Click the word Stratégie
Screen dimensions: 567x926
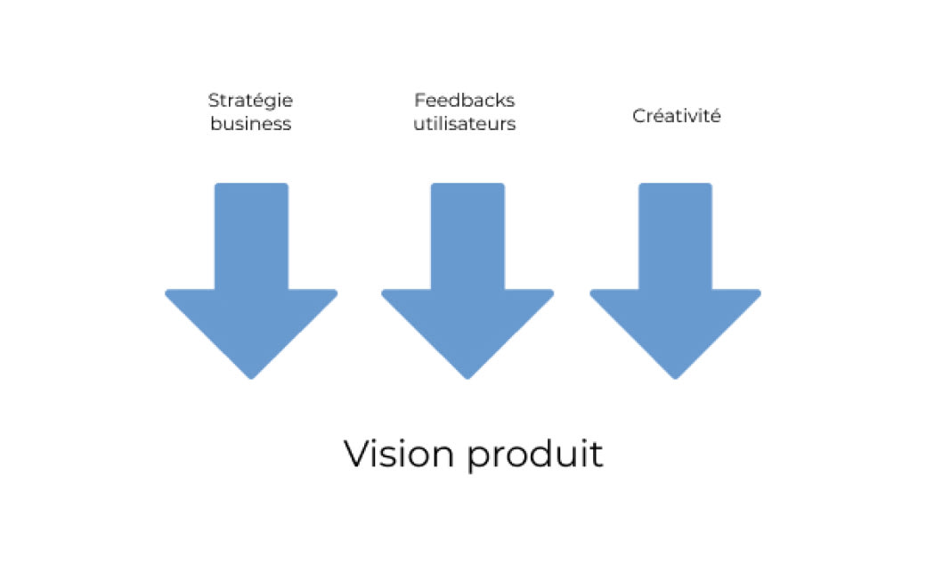(250, 101)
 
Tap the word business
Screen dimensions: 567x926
(250, 124)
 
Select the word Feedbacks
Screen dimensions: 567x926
(464, 101)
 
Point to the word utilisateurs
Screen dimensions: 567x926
(464, 124)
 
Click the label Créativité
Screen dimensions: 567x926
(676, 116)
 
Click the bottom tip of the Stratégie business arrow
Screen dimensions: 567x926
(251, 377)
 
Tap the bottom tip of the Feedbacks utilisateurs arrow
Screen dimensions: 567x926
(467, 377)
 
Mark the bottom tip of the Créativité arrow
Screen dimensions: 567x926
(675, 377)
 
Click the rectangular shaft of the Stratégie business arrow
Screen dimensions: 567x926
(251, 236)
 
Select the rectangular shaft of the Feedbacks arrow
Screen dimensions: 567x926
(467, 236)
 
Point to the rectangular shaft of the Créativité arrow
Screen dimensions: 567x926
(675, 236)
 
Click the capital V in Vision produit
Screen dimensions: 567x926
(356, 455)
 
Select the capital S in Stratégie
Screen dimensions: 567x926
(214, 101)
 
